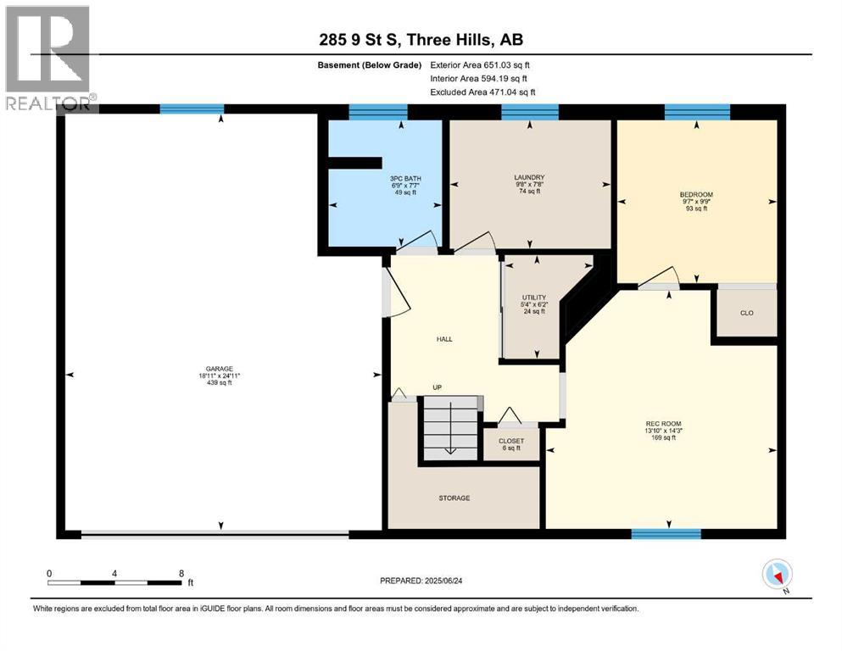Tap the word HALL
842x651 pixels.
tap(444, 339)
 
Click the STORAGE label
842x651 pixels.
tap(454, 498)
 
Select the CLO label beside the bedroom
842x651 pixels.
tap(747, 313)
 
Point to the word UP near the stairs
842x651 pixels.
tap(437, 387)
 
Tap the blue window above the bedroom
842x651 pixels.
tap(697, 112)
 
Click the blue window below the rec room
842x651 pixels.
tap(666, 533)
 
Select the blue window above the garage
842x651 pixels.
tap(192, 109)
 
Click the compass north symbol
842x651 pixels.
tap(777, 574)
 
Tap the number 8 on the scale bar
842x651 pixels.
tap(181, 573)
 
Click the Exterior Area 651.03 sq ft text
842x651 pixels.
tap(480, 65)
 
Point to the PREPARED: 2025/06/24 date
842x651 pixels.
tap(421, 581)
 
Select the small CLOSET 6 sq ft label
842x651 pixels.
tap(511, 444)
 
